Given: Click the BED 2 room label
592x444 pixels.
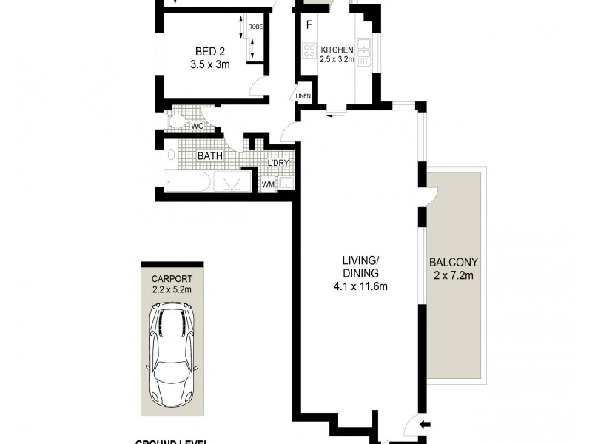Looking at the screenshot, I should [x=209, y=51].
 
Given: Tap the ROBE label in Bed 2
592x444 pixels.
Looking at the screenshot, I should [x=255, y=27].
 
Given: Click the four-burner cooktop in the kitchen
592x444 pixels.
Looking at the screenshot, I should [x=309, y=51].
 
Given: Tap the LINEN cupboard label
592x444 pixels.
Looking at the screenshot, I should [x=303, y=96].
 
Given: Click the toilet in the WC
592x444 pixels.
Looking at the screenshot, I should [x=178, y=123].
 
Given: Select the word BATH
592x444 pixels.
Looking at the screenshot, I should [x=211, y=156].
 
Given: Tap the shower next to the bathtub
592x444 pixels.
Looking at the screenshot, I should [x=234, y=182].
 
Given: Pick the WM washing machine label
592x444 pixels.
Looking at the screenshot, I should [x=267, y=183].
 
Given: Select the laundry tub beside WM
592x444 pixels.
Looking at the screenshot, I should [x=286, y=184].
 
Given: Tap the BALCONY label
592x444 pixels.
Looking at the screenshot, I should [x=454, y=262].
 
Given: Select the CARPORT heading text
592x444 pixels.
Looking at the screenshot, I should [x=172, y=279].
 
